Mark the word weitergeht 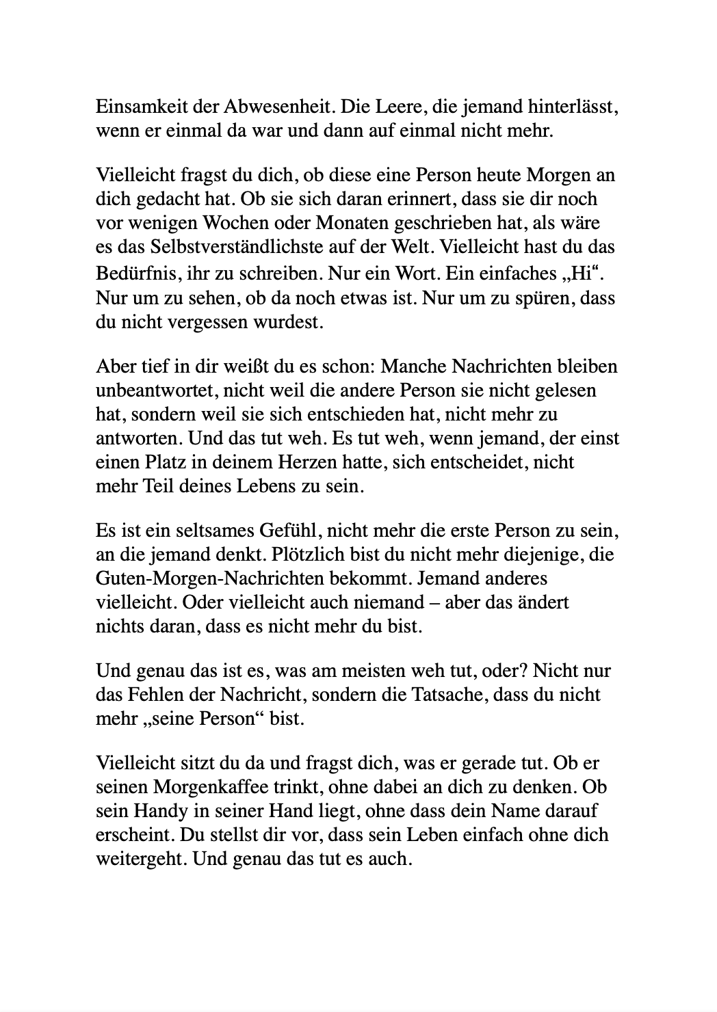coord(140,859)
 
